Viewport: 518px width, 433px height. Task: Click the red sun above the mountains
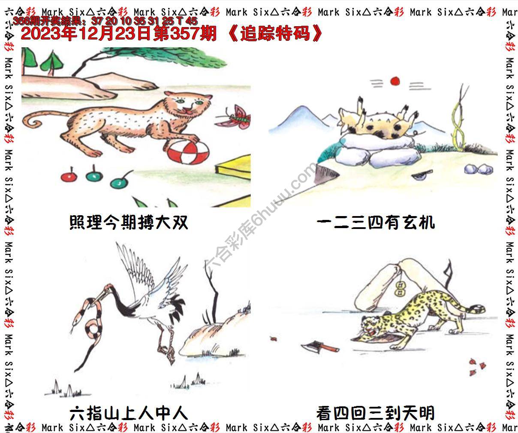395,81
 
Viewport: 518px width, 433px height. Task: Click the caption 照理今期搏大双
128,223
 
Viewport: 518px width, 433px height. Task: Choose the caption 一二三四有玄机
376,223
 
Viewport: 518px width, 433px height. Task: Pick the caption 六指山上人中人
128,413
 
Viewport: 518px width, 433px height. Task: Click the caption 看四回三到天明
376,413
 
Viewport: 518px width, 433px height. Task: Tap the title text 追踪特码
275,34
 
